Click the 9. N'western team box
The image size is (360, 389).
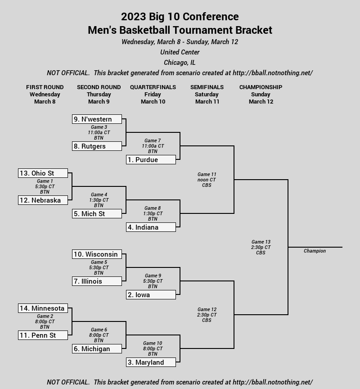click(x=97, y=119)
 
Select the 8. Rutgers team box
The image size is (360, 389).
click(x=97, y=146)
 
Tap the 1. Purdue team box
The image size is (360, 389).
click(x=151, y=159)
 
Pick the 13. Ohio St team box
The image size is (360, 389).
click(x=43, y=173)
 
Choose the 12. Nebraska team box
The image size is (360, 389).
click(x=43, y=200)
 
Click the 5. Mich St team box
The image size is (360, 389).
click(x=97, y=213)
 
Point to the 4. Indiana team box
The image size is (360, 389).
click(x=151, y=227)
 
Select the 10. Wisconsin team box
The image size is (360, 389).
click(x=97, y=254)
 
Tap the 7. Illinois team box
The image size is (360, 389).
click(x=97, y=281)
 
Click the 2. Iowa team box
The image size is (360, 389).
click(x=151, y=295)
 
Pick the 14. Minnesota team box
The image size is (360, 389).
click(x=43, y=308)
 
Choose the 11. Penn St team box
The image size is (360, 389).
click(x=43, y=335)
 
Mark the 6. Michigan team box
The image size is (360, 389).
click(x=97, y=349)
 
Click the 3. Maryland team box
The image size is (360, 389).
click(x=151, y=362)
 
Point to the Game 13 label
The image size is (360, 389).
click(x=261, y=242)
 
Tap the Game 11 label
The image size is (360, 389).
click(x=207, y=174)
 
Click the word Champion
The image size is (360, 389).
click(x=315, y=251)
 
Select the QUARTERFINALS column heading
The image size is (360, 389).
click(x=153, y=87)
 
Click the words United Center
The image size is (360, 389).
click(x=180, y=52)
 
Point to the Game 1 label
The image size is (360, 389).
click(x=45, y=181)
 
